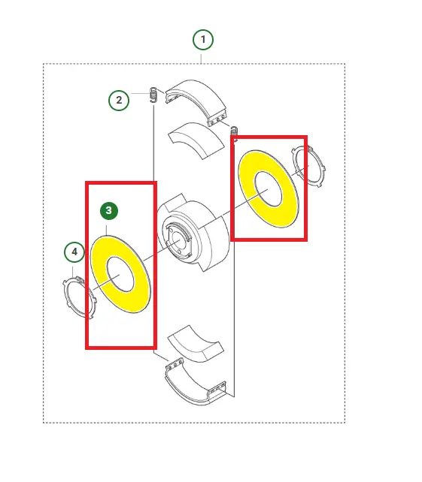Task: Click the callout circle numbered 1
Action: (203, 40)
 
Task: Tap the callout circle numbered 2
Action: (119, 100)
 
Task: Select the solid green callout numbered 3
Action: (109, 211)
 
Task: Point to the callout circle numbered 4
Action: (74, 252)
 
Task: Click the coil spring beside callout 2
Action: (153, 95)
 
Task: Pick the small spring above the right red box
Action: (234, 131)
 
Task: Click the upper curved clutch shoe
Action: (196, 102)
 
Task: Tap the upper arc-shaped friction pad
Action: (196, 140)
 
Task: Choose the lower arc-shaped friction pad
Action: (196, 344)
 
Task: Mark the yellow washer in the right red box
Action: (269, 189)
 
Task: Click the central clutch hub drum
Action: (193, 233)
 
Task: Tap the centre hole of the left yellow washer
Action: (120, 274)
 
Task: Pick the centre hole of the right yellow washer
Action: (268, 188)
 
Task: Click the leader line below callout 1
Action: (201, 59)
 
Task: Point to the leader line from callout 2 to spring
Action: (141, 93)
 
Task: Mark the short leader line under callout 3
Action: (107, 230)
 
